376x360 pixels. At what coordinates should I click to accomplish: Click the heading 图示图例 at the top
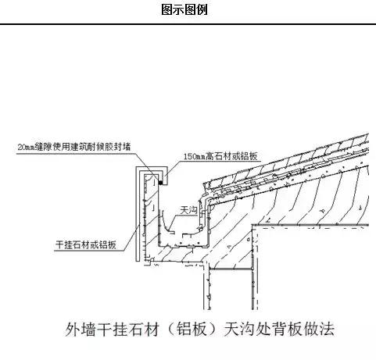[184, 9]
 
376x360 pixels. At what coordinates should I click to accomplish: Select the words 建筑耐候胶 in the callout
[91, 147]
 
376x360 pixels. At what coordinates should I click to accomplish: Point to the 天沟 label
[188, 210]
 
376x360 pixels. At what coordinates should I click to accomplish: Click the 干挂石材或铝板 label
[86, 244]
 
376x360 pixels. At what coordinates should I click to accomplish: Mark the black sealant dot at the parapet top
[161, 183]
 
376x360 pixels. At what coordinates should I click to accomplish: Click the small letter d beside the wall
[249, 239]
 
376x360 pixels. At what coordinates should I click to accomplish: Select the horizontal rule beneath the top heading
[188, 24]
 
